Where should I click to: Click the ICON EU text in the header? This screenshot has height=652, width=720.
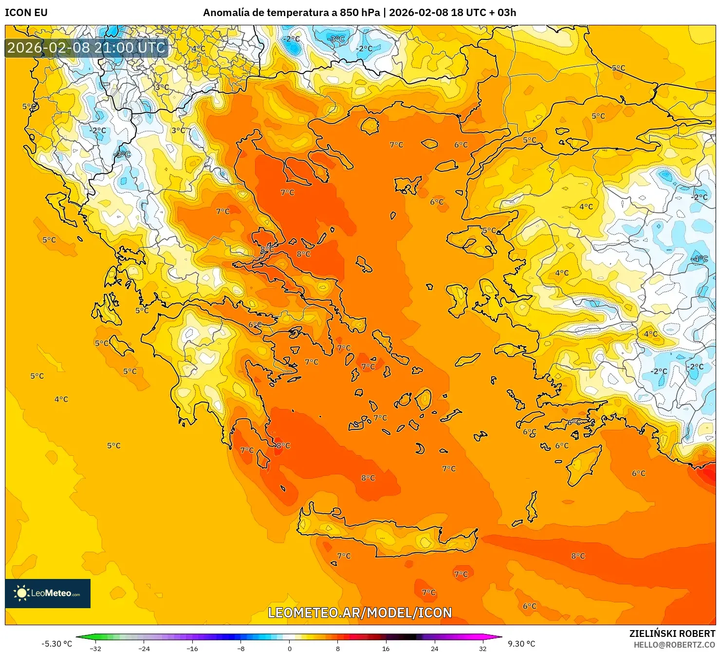26,13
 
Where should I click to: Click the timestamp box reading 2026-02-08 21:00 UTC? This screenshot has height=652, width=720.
87,48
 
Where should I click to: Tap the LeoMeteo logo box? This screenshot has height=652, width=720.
48,593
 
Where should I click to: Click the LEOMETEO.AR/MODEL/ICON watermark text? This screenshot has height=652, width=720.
360,613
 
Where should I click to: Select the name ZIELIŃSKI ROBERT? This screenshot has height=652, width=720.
672,633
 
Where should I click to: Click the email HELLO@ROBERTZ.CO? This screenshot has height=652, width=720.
674,644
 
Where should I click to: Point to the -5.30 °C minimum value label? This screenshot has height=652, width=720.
56,644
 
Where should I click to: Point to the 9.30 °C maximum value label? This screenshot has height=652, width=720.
521,644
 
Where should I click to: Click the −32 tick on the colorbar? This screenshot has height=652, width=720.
95,648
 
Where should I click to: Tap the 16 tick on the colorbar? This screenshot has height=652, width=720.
386,648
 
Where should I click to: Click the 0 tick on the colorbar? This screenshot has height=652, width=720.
289,648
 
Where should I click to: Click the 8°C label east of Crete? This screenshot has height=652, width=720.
578,556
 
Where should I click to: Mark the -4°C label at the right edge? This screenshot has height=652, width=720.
700,259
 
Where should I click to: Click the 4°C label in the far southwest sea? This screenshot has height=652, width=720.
61,399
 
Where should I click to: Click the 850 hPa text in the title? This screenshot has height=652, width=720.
360,13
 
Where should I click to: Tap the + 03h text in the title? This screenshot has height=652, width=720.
503,13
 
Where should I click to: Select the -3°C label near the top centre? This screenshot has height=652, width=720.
336,38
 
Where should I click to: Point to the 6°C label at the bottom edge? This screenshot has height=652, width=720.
530,606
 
